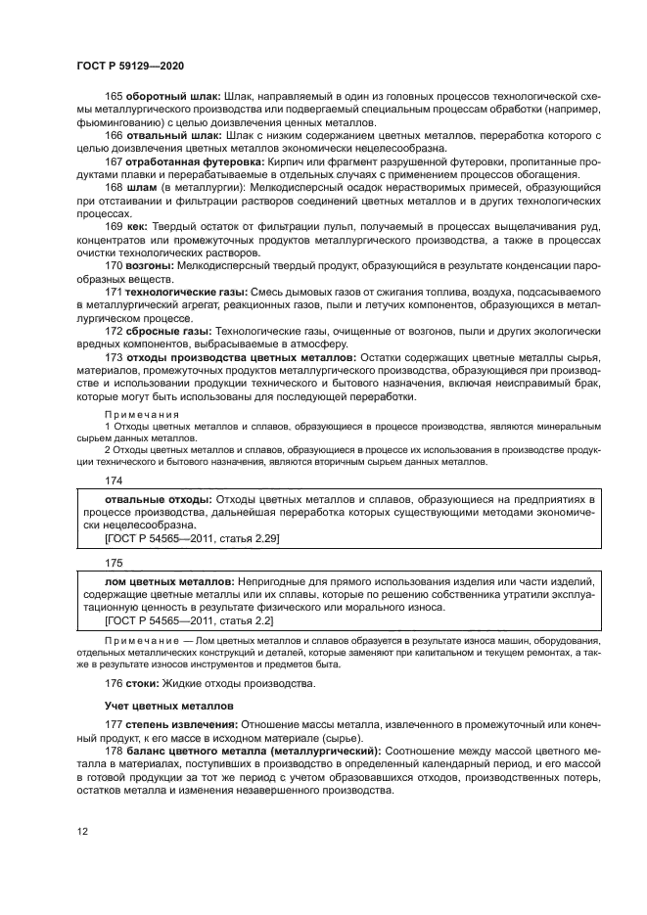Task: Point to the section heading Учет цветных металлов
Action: click(168, 705)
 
